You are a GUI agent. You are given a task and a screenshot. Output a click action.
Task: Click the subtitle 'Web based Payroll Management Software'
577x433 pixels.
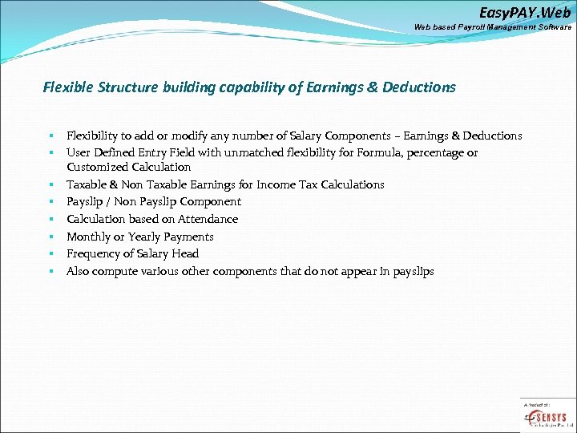click(x=492, y=27)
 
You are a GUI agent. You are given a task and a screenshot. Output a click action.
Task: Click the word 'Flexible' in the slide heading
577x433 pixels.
click(x=69, y=87)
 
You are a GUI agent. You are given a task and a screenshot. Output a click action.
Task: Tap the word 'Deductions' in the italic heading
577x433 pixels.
click(x=420, y=87)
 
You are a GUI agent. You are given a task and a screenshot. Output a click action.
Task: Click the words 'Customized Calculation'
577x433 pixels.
click(x=128, y=167)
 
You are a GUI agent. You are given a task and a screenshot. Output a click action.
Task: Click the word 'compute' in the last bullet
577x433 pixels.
click(x=115, y=271)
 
